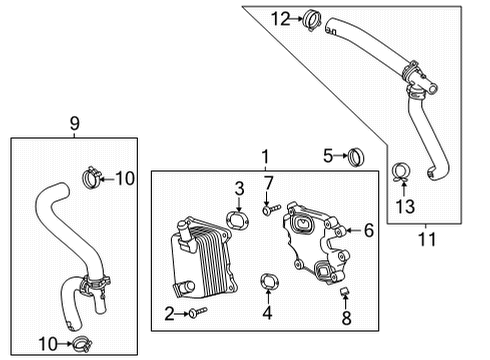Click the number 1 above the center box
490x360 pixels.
pyautogui.click(x=265, y=157)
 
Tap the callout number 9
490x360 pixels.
pyautogui.click(x=74, y=123)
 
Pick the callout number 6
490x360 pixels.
pyautogui.click(x=368, y=231)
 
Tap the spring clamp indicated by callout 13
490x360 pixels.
pyautogui.click(x=402, y=173)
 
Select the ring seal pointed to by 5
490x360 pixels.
pyautogui.click(x=355, y=155)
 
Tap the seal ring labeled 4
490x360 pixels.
pyautogui.click(x=267, y=281)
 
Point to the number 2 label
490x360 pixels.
pyautogui.click(x=168, y=314)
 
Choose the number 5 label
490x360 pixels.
pyautogui.click(x=327, y=155)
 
